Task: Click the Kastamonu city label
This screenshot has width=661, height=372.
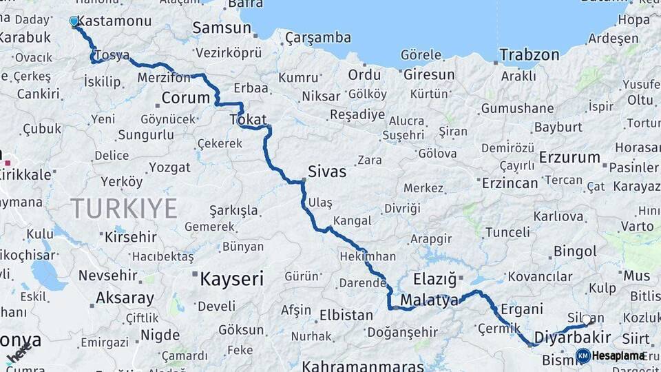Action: click(115, 21)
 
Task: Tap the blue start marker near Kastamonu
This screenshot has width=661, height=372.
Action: click(74, 21)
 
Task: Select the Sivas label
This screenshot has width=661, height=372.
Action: click(327, 172)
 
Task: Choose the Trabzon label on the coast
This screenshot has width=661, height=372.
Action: click(529, 54)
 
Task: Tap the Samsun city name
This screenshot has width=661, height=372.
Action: click(221, 28)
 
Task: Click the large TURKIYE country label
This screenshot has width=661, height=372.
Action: click(124, 208)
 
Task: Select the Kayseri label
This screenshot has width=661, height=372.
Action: click(232, 279)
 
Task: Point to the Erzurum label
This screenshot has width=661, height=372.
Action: click(569, 157)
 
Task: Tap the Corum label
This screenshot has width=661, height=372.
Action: click(185, 98)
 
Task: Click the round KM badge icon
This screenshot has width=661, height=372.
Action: click(583, 356)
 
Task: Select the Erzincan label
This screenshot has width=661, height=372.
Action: click(510, 183)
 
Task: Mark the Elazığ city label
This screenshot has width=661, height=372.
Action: click(435, 280)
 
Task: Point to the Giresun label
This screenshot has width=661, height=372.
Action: click(429, 74)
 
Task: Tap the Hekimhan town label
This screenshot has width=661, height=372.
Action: click(368, 256)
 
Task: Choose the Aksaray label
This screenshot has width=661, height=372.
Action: click(125, 298)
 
